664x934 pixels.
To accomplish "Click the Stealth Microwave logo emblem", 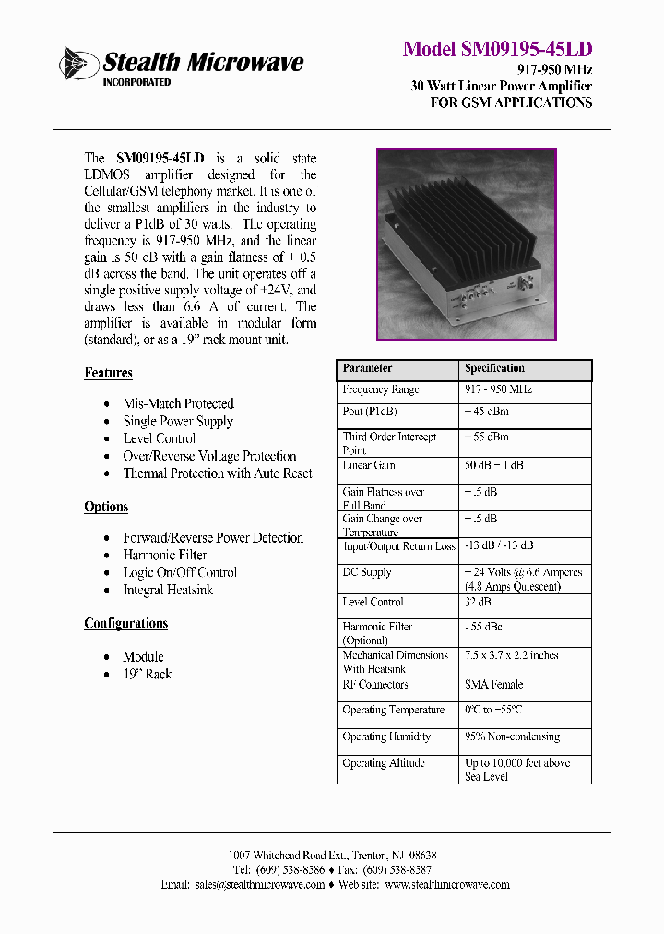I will point(78,64).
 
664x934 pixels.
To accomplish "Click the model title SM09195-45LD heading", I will point(497,50).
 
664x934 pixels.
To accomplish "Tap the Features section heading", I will point(108,373).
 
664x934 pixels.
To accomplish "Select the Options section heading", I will point(106,507).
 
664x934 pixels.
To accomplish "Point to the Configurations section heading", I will point(125,623).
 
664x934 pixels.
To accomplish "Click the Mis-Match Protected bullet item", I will point(178,403).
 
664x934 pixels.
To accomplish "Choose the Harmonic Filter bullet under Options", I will point(164,555).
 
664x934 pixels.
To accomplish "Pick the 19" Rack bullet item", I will point(147,674).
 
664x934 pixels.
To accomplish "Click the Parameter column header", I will point(367,368).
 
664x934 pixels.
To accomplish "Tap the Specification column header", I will point(494,368).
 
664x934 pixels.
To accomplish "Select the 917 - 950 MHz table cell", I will point(498,389).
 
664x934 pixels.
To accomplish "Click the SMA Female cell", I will point(493,685).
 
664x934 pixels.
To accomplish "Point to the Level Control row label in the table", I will point(373,602).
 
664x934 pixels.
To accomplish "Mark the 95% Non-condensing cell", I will point(512,736).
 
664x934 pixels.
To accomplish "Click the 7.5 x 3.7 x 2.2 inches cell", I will point(511,655).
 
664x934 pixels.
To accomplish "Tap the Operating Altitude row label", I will point(383,763).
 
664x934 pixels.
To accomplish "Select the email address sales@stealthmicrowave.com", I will point(259,884).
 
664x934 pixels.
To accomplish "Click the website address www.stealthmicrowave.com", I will point(446,884).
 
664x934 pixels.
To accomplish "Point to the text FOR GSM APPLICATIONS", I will point(511,102).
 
